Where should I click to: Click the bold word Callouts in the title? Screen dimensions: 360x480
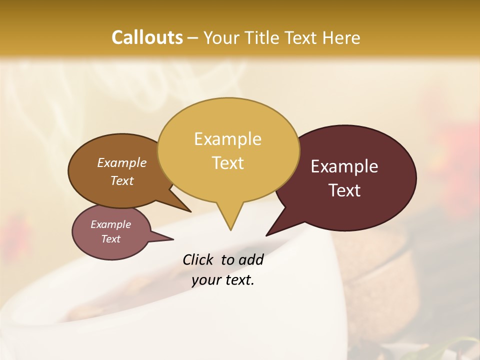(x=147, y=37)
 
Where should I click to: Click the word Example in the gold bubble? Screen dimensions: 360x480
(x=227, y=139)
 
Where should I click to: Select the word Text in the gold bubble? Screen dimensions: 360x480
(x=228, y=163)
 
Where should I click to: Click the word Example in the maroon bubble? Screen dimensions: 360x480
(x=344, y=166)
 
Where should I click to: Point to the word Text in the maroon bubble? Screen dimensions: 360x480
(x=345, y=190)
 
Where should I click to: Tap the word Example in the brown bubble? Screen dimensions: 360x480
(x=122, y=163)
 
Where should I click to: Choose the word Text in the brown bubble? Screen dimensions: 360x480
(x=122, y=180)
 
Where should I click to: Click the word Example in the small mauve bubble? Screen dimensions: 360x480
(x=111, y=224)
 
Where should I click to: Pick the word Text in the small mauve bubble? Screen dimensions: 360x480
(x=111, y=239)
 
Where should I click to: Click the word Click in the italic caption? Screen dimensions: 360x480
(x=198, y=259)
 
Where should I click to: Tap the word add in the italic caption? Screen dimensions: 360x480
(x=250, y=259)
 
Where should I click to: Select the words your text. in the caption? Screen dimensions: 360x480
(x=223, y=280)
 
